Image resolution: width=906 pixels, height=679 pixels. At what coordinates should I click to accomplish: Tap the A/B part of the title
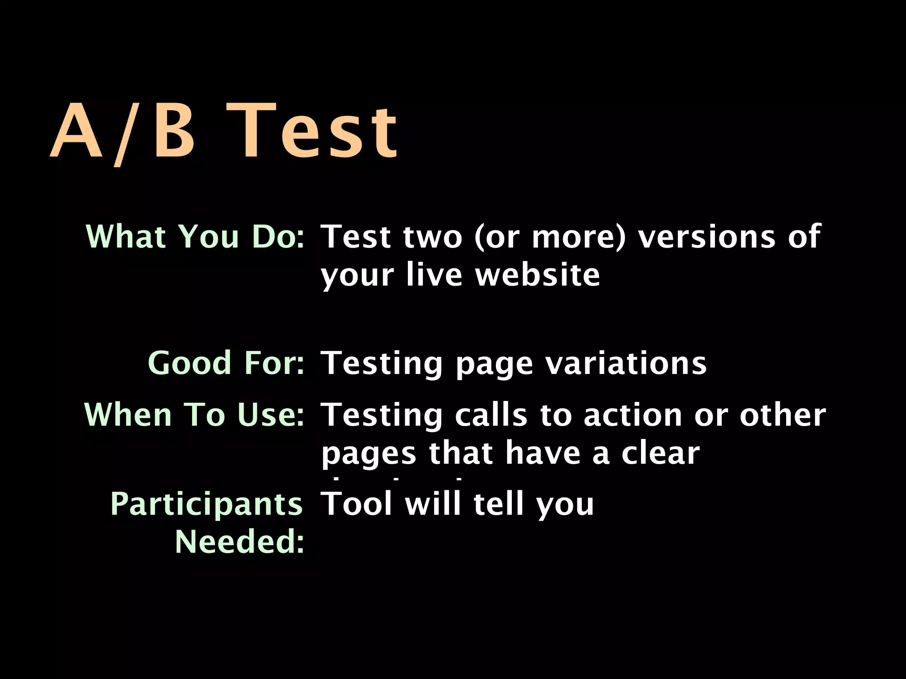pyautogui.click(x=123, y=131)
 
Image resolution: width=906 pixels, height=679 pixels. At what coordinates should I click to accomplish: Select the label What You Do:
pyautogui.click(x=195, y=237)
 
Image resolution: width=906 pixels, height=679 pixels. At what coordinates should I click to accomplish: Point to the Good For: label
pyautogui.click(x=226, y=363)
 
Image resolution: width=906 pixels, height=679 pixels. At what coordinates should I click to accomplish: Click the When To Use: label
pyautogui.click(x=194, y=415)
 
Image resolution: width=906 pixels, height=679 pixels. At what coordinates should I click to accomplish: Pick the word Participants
pyautogui.click(x=206, y=504)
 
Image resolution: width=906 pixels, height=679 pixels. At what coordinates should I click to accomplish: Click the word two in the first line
pyautogui.click(x=433, y=237)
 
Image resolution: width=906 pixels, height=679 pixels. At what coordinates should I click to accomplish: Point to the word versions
pyautogui.click(x=706, y=237)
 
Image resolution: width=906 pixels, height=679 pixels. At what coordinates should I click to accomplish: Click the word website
pyautogui.click(x=537, y=275)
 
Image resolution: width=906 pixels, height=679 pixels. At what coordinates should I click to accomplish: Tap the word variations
pyautogui.click(x=626, y=363)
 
